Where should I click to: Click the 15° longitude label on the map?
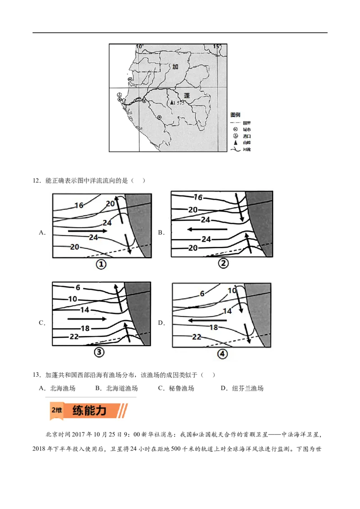[217, 46]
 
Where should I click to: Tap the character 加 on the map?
[175, 67]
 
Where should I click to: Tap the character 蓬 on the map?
[188, 95]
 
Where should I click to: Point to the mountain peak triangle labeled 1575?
[171, 103]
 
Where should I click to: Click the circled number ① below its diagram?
[101, 264]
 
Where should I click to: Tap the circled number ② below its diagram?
[223, 263]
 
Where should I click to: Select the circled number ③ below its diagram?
[99, 353]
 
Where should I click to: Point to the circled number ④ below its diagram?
[222, 354]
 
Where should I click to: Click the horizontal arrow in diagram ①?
[88, 231]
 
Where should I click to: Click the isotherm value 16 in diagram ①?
[79, 205]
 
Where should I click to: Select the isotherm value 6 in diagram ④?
[202, 294]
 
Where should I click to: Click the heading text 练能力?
[90, 410]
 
